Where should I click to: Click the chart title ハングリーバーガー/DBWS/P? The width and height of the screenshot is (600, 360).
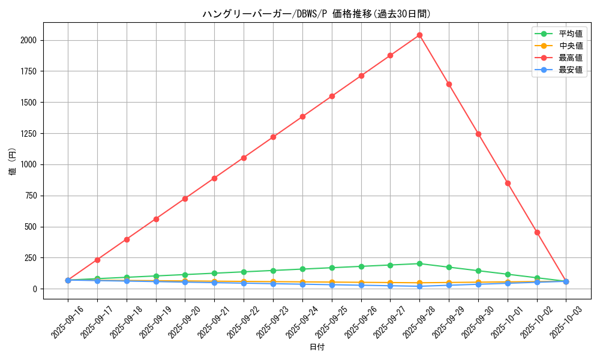point(316,14)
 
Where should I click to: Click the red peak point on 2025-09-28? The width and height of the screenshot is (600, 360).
point(419,35)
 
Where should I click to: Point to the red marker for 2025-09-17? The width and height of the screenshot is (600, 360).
point(97,260)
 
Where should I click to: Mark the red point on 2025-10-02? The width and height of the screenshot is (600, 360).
point(537,232)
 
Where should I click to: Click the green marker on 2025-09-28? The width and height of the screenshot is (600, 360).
point(419,263)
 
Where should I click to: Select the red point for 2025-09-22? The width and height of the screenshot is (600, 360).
point(244,158)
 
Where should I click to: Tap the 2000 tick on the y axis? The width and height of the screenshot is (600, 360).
point(28,40)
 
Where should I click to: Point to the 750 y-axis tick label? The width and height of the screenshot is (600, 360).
point(30,196)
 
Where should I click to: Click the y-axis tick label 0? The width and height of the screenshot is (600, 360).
point(35,289)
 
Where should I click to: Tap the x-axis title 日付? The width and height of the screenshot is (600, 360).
point(317,347)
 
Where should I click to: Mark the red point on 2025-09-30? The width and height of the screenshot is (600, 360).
point(478,134)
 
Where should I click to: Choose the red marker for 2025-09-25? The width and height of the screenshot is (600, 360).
point(332,96)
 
